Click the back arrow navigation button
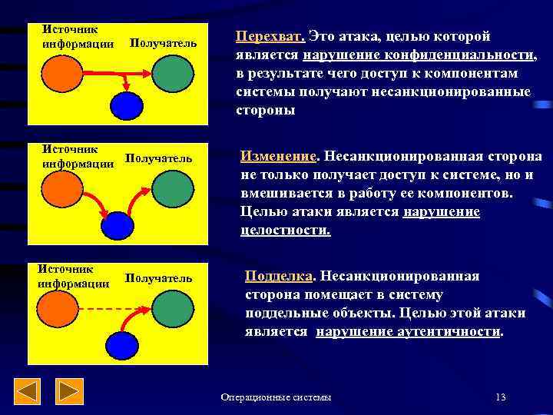coord(29,392)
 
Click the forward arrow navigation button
coord(71,392)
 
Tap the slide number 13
coord(501,397)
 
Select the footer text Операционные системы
coord(276,397)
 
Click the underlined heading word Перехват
coord(270,37)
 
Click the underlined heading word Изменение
coord(278,156)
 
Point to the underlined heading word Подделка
coord(280,276)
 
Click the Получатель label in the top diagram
coord(164,44)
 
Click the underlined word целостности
coord(285,230)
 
